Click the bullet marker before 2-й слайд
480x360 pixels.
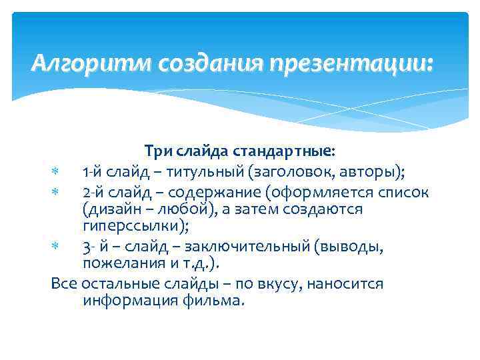55,193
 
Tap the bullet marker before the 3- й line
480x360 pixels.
55,248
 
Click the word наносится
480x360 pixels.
343,283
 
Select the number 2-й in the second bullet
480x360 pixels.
95,193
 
